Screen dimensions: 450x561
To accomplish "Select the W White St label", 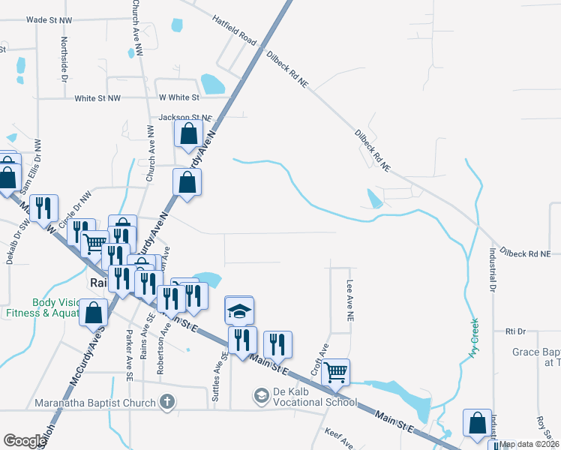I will coord(178,97).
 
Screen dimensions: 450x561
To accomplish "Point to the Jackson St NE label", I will coord(185,118).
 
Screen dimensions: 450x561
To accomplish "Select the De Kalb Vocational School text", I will coord(314,396).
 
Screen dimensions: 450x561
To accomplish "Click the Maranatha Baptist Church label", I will coord(94,403).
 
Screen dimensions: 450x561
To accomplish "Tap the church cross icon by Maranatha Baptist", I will coord(167,403).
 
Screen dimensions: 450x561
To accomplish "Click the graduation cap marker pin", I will coord(240,309).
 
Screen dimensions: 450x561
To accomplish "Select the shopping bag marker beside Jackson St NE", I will coord(188,135).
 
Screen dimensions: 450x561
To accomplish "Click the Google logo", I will coord(25,441).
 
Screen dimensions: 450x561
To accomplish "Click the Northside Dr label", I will coord(64,59).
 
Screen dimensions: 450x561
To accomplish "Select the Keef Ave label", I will coord(338,439).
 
